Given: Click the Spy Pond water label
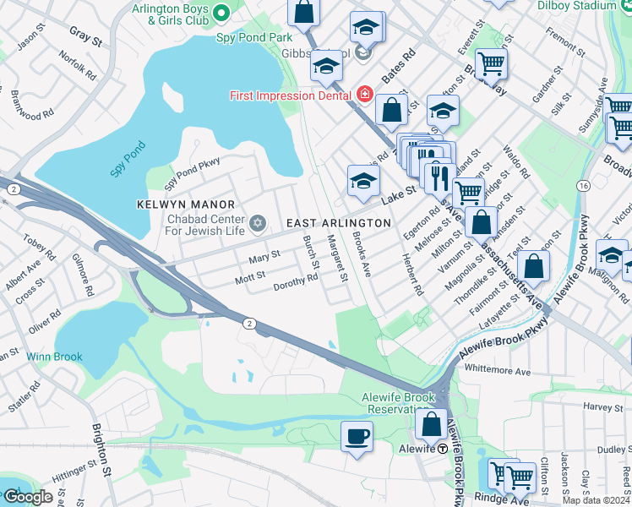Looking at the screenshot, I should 128,158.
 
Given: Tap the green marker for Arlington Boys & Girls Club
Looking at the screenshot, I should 222,13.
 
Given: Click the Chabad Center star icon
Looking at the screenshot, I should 258,224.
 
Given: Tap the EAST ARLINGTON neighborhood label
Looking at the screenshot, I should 338,223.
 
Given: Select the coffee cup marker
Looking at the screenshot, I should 356,437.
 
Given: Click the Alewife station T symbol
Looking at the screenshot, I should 442,449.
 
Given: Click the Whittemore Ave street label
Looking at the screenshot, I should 498,371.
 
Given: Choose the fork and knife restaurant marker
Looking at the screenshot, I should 439,177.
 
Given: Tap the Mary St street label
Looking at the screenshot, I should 264,255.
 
